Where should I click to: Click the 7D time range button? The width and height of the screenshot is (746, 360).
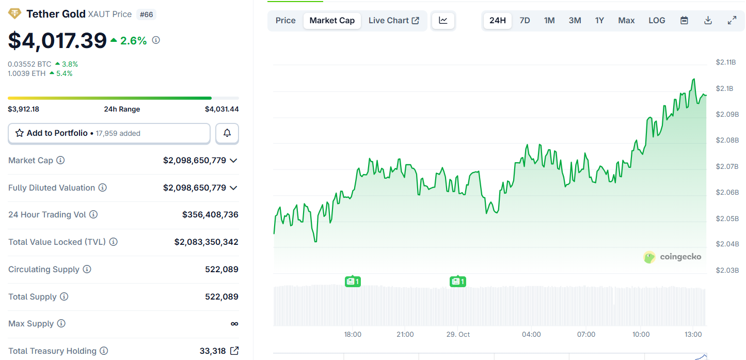click(525, 21)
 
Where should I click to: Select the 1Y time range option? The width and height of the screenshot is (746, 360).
click(599, 21)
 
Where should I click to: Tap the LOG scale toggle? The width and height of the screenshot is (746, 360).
click(657, 21)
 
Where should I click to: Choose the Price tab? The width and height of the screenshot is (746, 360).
click(285, 21)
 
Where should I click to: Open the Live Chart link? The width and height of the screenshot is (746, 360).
click(393, 21)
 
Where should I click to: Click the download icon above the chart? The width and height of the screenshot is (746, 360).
click(708, 21)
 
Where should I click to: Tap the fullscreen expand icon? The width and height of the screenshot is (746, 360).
click(732, 21)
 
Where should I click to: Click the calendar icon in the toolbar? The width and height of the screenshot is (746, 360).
click(684, 21)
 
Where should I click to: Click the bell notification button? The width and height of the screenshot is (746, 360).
click(227, 133)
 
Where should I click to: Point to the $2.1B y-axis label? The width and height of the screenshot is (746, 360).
click(725, 88)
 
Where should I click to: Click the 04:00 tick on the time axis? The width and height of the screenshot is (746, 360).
click(531, 335)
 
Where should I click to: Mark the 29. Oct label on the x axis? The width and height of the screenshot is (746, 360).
click(458, 335)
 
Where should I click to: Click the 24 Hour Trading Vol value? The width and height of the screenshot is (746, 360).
click(210, 214)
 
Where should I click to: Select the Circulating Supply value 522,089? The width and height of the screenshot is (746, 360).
click(221, 269)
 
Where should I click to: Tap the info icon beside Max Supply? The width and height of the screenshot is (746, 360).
click(61, 324)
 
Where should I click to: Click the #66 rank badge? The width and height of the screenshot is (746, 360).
click(146, 14)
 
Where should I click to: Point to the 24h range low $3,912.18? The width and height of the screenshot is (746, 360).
click(24, 109)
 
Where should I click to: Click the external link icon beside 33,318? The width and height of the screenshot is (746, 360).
click(234, 351)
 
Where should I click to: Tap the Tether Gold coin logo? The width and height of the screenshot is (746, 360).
click(14, 14)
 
